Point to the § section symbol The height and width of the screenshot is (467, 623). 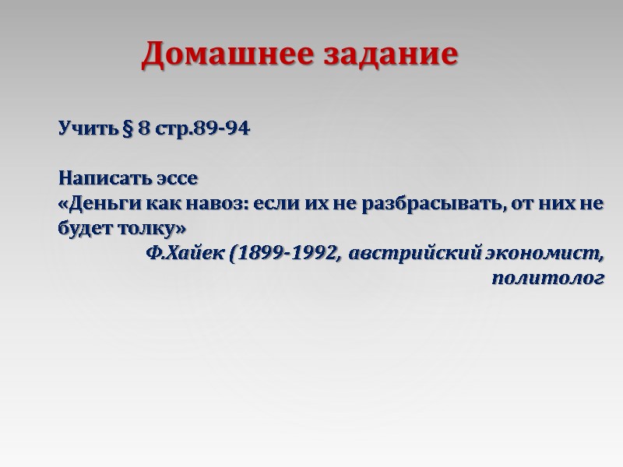pyautogui.click(x=126, y=128)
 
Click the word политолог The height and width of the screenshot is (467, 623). pyautogui.click(x=548, y=279)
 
